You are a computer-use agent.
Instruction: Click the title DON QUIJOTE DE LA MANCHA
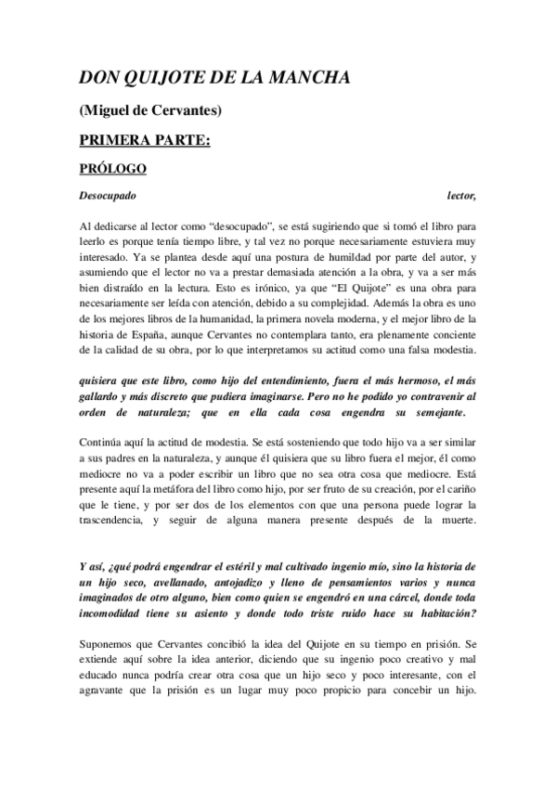coord(214,78)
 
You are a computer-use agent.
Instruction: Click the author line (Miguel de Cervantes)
coord(149,111)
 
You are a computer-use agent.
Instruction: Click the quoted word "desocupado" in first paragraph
coord(240,226)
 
